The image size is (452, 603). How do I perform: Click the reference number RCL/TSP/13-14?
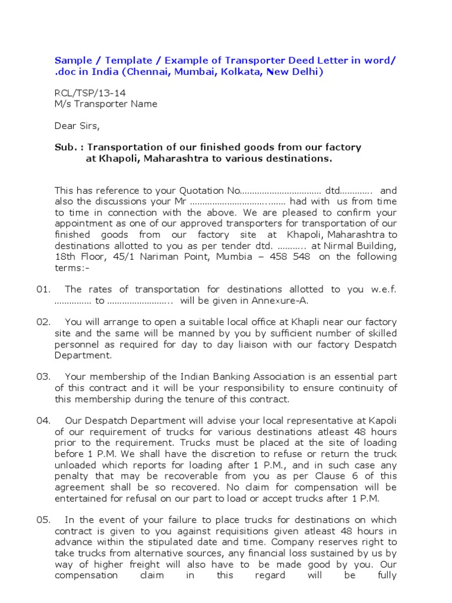click(x=90, y=93)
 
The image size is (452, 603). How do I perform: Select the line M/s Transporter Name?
click(x=106, y=104)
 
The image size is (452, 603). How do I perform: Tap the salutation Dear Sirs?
click(x=78, y=125)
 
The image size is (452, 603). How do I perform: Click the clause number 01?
click(x=44, y=290)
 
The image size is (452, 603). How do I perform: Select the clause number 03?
click(x=44, y=377)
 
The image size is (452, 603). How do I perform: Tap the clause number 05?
click(x=44, y=520)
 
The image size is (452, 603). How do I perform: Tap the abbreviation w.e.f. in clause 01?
click(x=384, y=290)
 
